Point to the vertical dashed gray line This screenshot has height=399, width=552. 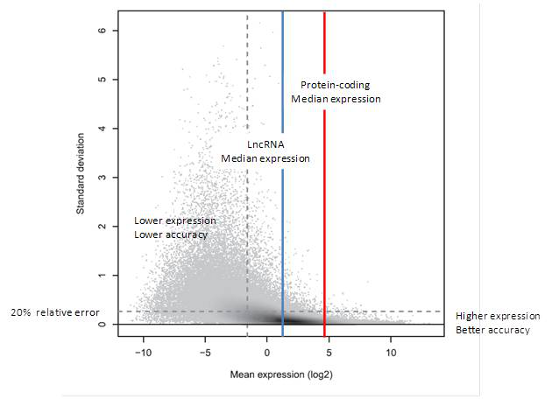pos(247,87)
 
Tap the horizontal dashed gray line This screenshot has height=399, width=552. pos(175,311)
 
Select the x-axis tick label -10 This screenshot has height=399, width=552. pos(143,353)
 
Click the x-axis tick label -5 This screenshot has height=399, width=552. pos(205,353)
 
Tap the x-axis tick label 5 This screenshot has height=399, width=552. pos(329,353)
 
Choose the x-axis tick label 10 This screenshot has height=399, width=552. pos(391,353)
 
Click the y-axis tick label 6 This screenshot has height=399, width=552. pos(103,31)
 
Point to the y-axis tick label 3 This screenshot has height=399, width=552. pos(103,178)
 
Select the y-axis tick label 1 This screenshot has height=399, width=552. pos(103,276)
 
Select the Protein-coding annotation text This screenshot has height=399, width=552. pos(336,85)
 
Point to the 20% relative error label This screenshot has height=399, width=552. pos(54,312)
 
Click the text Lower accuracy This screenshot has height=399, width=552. pos(171,235)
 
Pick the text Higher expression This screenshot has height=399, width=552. pos(498,316)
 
